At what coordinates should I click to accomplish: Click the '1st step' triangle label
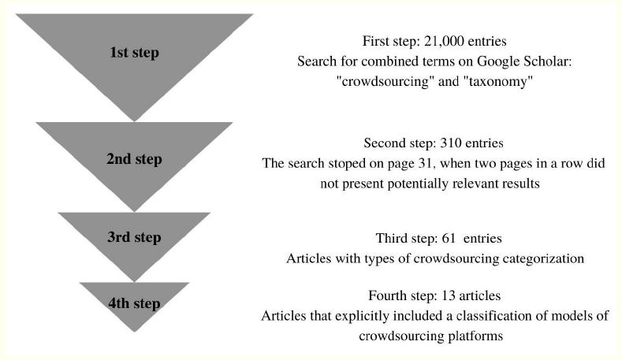pos(134,53)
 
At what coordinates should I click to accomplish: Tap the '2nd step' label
pos(134,159)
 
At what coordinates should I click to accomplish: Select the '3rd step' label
pos(134,237)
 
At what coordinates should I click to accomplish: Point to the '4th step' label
pos(134,303)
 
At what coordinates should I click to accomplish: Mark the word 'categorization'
pos(545,258)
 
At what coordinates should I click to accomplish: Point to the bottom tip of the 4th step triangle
pos(134,332)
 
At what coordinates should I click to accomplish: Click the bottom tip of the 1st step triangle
pos(134,121)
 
